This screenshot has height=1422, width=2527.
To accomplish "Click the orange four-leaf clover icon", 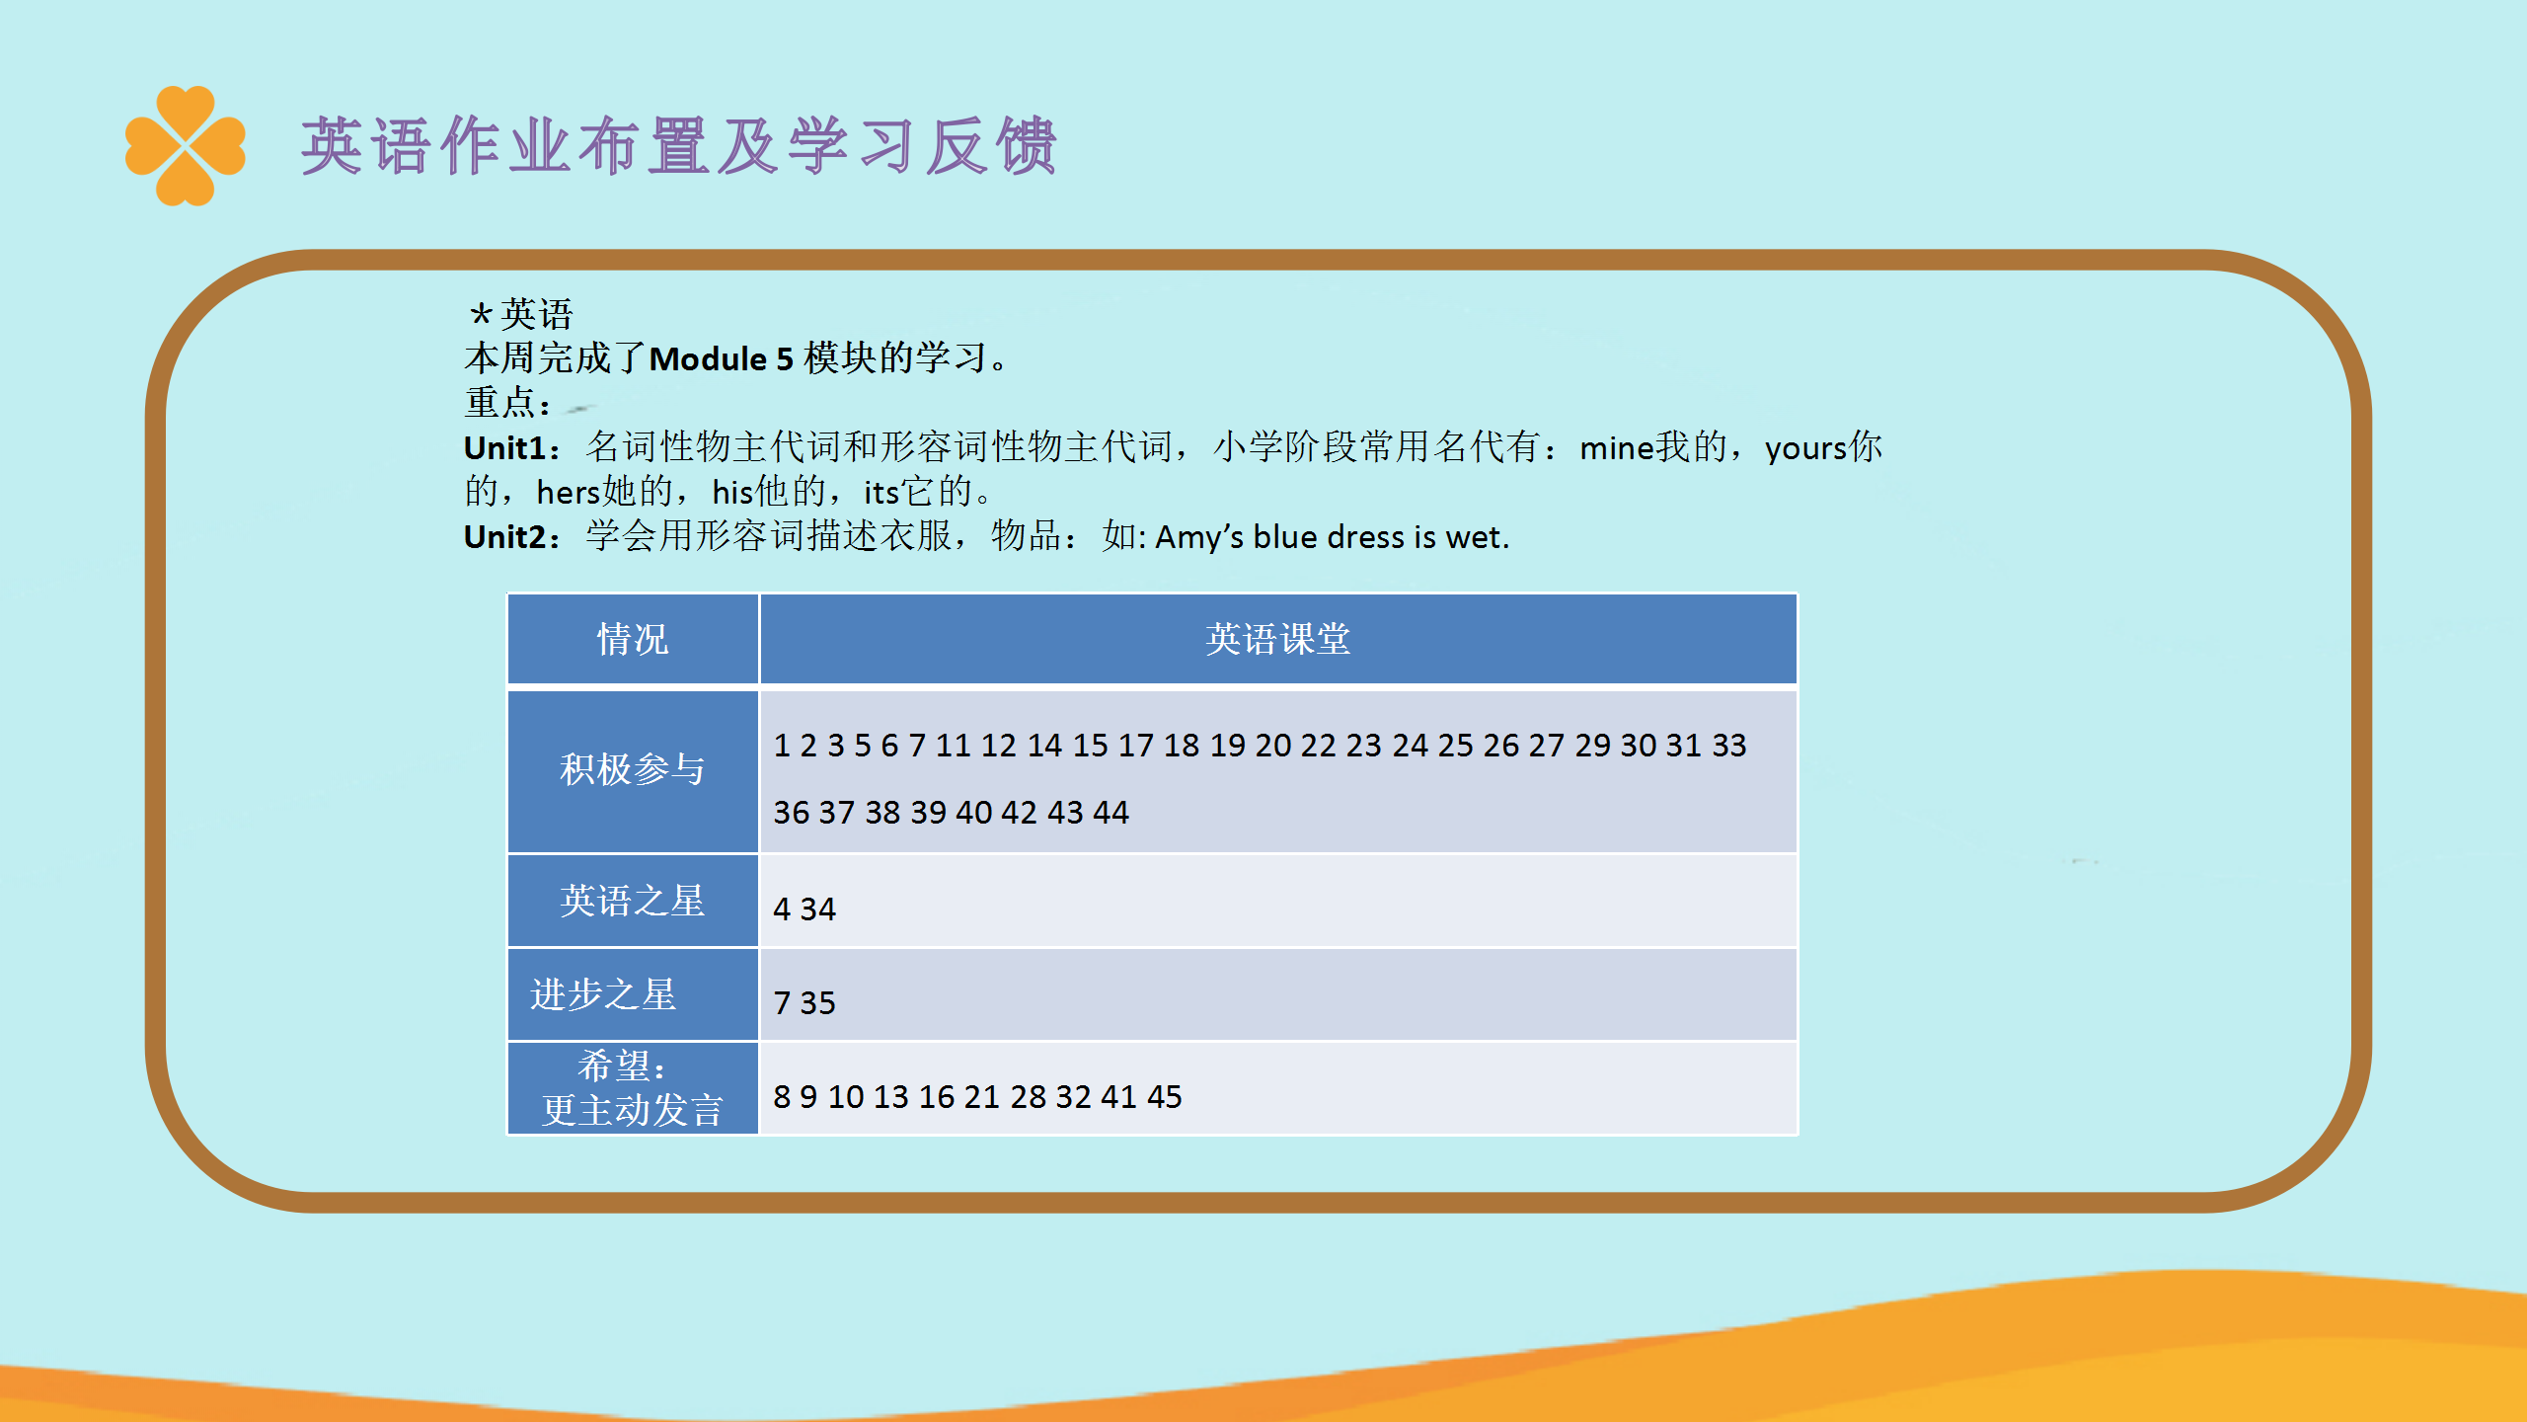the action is [185, 146].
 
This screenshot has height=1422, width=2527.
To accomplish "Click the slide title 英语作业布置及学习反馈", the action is [679, 146].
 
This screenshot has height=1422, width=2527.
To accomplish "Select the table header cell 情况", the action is [633, 639].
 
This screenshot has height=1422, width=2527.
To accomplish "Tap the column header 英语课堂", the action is [1278, 639].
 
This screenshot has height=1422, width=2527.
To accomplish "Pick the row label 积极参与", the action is [633, 769].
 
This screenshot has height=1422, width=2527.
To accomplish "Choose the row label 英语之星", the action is [633, 901].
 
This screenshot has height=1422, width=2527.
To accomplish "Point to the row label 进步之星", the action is [603, 994].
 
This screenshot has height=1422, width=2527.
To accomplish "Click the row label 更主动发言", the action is [633, 1110].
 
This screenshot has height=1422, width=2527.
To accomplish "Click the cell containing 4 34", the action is [1278, 902].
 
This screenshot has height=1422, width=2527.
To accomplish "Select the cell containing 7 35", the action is [1278, 995].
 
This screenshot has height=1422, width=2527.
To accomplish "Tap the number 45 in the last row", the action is [1164, 1096].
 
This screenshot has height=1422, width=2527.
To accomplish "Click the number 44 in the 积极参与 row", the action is [1110, 812].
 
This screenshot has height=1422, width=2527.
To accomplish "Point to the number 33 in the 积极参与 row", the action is [1729, 745].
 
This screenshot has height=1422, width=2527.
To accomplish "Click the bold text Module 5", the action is [722, 358].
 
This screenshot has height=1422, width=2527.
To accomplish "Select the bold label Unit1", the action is [504, 447].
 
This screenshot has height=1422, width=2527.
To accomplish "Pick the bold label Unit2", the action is [504, 536].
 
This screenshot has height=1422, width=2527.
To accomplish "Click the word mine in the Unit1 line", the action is [1617, 448].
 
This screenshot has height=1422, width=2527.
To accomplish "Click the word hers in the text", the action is [569, 492].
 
